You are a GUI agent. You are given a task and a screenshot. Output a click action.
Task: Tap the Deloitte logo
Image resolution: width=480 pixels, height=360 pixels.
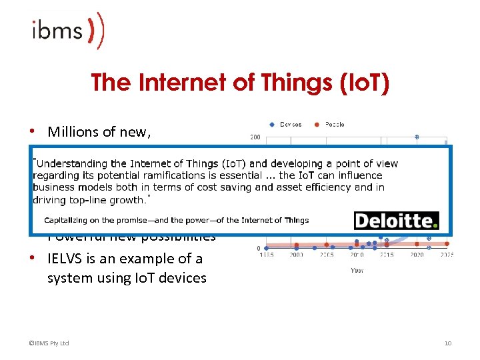pos(396,221)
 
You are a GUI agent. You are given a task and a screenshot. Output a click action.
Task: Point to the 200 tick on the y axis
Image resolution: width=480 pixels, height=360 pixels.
pos(255,138)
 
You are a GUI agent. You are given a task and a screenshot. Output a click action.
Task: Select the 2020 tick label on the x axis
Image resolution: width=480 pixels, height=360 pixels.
pos(417,255)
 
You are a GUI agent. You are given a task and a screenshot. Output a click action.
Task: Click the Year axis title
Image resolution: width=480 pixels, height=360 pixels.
pos(357,270)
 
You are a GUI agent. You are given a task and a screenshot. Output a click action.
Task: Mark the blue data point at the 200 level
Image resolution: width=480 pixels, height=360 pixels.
pos(417,137)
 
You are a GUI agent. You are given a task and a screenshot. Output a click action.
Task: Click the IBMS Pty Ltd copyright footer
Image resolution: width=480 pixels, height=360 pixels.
pos(49,343)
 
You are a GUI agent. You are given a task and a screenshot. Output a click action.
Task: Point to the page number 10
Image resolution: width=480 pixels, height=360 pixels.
pos(448,343)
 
